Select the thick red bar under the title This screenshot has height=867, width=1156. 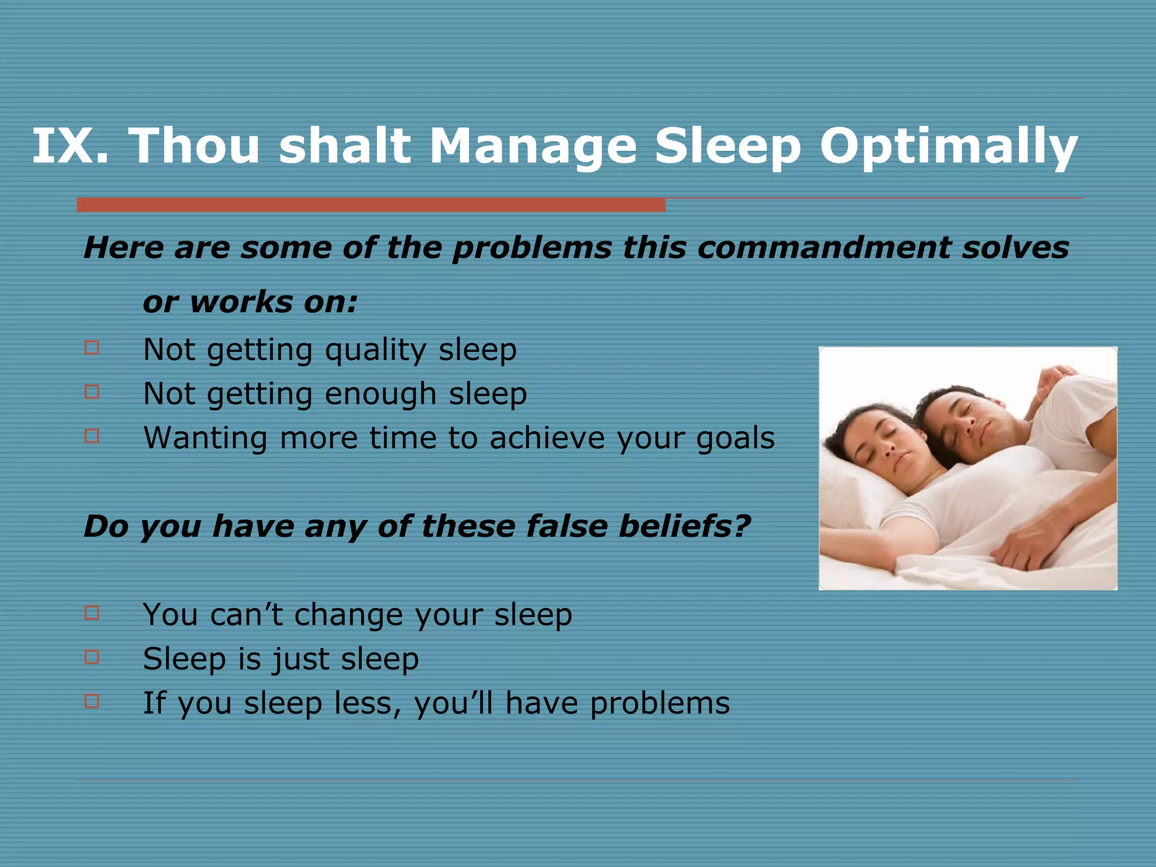click(x=371, y=204)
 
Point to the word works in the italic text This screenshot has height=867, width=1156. click(x=242, y=303)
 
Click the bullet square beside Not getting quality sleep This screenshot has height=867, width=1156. click(x=92, y=347)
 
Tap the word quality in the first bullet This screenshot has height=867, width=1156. click(x=375, y=351)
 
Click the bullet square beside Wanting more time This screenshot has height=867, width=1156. click(x=92, y=436)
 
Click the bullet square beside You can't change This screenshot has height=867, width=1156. click(x=92, y=612)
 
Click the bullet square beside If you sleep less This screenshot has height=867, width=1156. click(x=92, y=701)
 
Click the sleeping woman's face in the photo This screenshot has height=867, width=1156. click(x=889, y=443)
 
